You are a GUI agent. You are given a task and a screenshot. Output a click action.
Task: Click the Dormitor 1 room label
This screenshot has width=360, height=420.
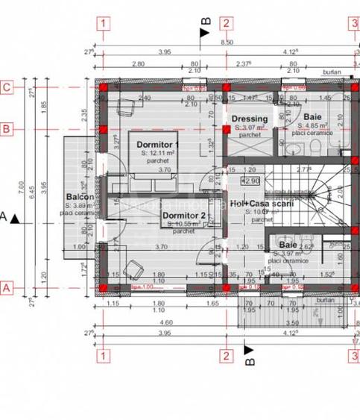click(x=157, y=144)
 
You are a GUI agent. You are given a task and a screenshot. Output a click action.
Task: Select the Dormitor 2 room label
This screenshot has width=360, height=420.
click(x=183, y=216)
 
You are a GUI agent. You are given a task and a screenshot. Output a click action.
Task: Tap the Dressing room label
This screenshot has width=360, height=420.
click(x=249, y=119)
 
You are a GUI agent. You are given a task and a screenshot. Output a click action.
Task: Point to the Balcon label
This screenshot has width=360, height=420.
click(x=79, y=197)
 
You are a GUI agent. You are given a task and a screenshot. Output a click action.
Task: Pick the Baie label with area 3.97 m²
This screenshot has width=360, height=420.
click(x=288, y=244)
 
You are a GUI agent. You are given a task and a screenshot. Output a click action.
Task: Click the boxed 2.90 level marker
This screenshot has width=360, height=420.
click(x=250, y=181)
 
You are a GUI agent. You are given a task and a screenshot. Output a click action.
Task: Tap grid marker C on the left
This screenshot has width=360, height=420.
click(x=6, y=87)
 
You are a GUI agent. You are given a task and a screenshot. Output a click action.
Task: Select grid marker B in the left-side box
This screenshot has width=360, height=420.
click(x=6, y=129)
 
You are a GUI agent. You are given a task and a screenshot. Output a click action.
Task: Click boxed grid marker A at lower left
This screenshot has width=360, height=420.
click(x=6, y=286)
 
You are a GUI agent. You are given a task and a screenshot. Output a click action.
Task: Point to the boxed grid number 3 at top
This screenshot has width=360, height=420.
click(x=353, y=23)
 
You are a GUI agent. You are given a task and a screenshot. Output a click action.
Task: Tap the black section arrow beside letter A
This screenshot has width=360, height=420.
click(x=16, y=218)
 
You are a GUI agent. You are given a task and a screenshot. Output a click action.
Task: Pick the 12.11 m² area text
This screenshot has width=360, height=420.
click(x=158, y=152)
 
